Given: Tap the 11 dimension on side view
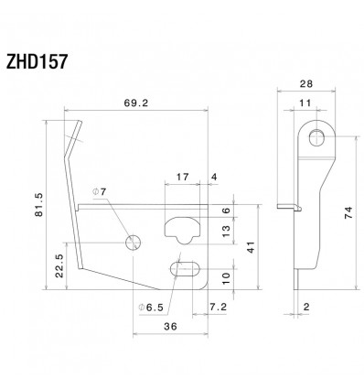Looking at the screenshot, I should [304, 105].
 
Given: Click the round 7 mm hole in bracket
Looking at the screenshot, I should [133, 242].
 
